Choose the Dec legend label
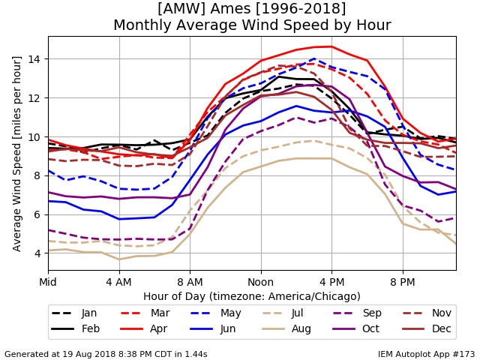coord(442,328)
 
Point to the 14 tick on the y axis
coord(34,58)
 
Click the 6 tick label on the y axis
coord(37,214)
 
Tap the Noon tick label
coord(261,282)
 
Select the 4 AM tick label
coord(118,282)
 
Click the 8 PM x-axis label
coord(403,282)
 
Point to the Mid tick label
coord(48,282)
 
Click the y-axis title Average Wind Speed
coord(16,154)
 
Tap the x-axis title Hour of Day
coord(252,296)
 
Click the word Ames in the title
coord(231,8)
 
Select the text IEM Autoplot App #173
coord(426,354)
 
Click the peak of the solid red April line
coord(331,46)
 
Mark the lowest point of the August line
coord(119,259)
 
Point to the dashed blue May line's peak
coord(314,58)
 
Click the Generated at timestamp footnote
coord(106,354)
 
